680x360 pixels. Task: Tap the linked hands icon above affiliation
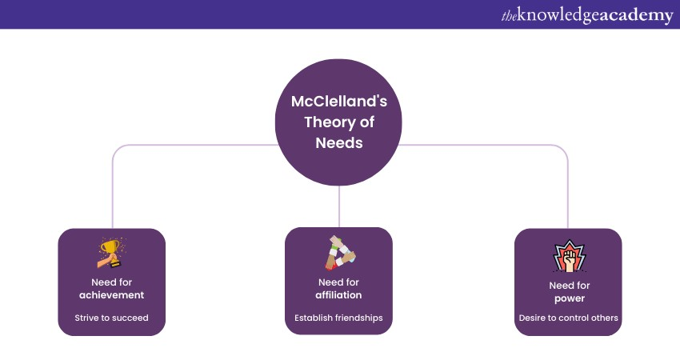pos(339,252)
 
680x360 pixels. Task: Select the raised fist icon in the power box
pos(568,257)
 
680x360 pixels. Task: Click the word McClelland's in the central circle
pos(339,102)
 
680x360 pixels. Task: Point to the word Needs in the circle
pos(339,144)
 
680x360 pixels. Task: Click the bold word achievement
pos(112,295)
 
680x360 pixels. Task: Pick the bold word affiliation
pos(338,295)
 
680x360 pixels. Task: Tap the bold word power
pos(568,298)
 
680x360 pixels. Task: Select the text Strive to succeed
pos(112,318)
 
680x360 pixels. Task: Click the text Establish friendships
pos(338,318)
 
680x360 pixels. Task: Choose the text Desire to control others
pos(568,318)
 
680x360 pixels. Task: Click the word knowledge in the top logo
pos(559,15)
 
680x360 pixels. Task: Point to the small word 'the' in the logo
pos(509,15)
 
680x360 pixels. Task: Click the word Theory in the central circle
pos(320,123)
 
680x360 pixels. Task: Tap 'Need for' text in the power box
pos(568,286)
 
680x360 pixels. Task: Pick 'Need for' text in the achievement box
pos(112,282)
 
